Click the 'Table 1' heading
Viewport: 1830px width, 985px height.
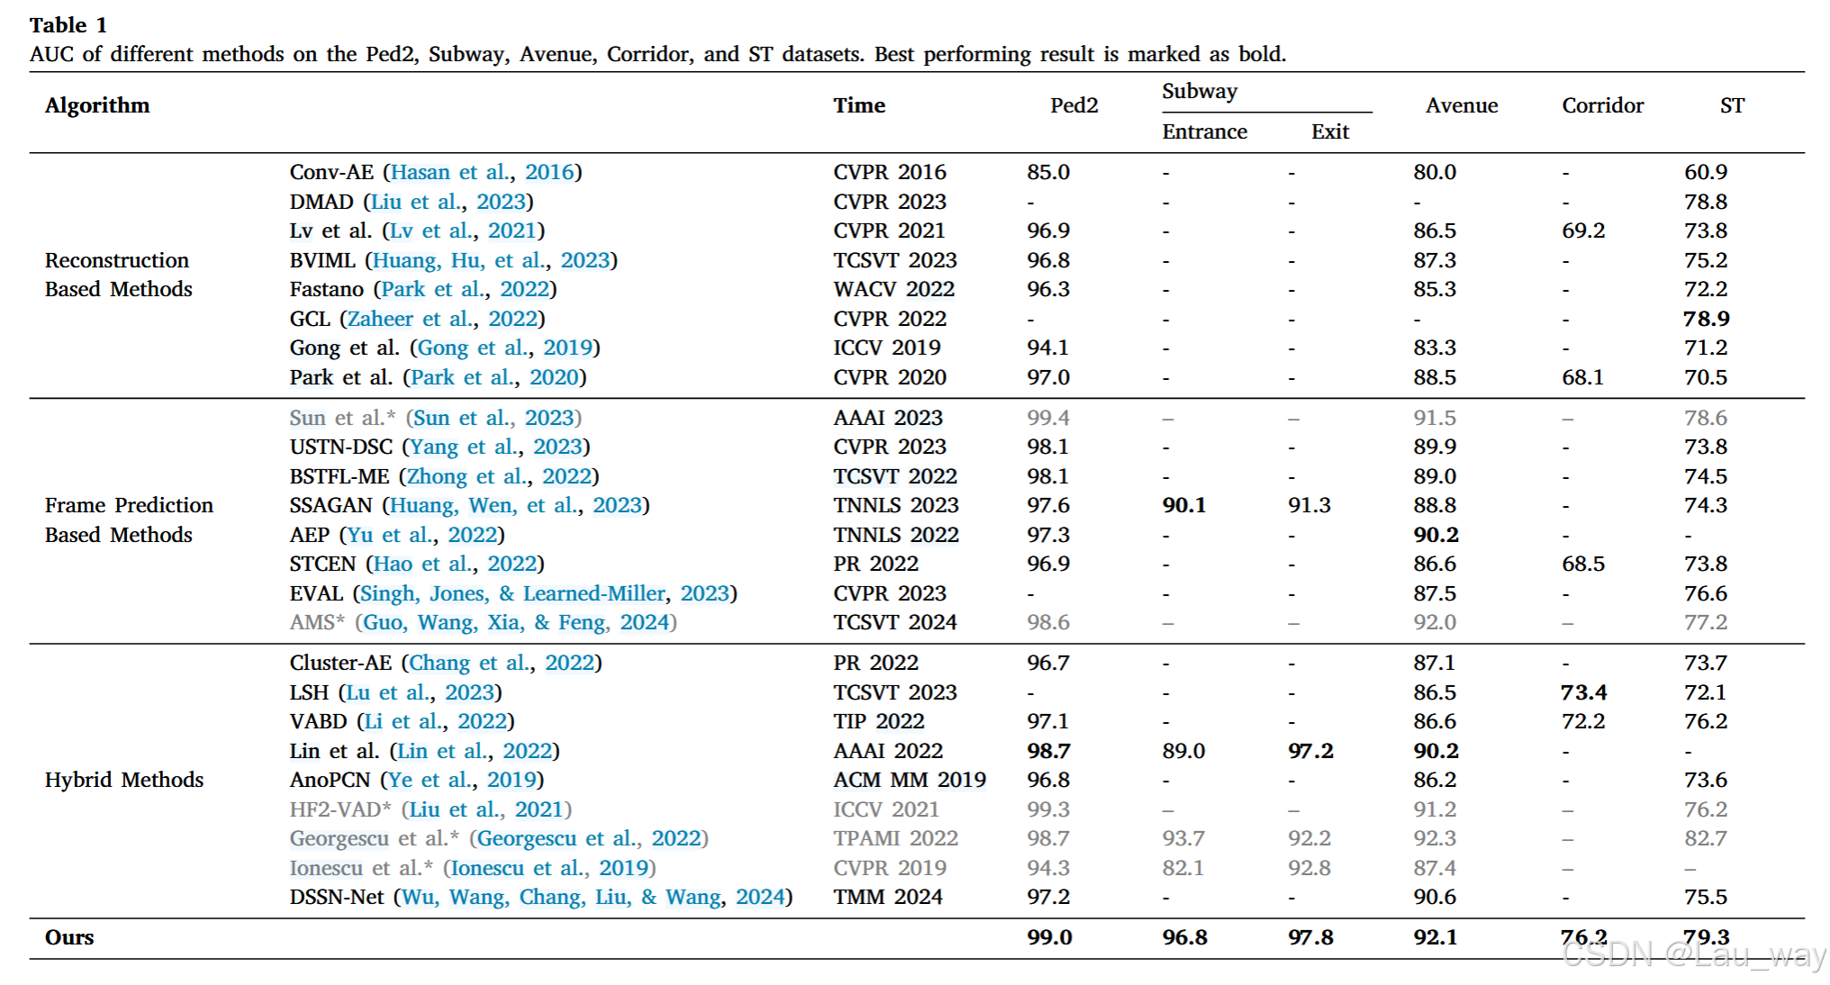[x=68, y=25]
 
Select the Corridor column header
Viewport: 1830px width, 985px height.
[x=1602, y=106]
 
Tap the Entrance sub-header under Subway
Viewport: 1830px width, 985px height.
[x=1204, y=132]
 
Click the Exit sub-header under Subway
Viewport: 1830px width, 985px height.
[x=1329, y=132]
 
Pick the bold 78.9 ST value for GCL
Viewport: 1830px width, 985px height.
[x=1706, y=319]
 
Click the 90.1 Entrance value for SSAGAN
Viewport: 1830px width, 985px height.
[x=1183, y=506]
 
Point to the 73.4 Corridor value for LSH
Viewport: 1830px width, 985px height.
[x=1583, y=692]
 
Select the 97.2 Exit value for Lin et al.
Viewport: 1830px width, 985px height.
[x=1309, y=751]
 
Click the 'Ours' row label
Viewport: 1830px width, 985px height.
[x=69, y=937]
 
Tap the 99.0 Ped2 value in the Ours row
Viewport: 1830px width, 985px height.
[x=1049, y=937]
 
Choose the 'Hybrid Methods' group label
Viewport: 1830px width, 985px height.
[x=124, y=780]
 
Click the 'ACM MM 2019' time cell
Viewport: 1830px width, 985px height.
[x=910, y=780]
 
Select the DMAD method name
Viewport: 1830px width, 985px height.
[x=322, y=202]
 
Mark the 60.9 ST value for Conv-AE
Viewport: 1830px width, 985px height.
[x=1706, y=172]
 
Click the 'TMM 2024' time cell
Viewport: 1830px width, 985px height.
[x=888, y=897]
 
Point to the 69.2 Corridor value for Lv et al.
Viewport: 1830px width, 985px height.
[x=1583, y=230]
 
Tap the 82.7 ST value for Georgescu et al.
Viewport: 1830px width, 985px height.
[x=1706, y=838]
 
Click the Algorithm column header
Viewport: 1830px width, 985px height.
[x=97, y=106]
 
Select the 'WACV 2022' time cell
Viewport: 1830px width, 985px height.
[x=893, y=289]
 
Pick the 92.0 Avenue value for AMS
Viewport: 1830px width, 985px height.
[x=1435, y=622]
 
